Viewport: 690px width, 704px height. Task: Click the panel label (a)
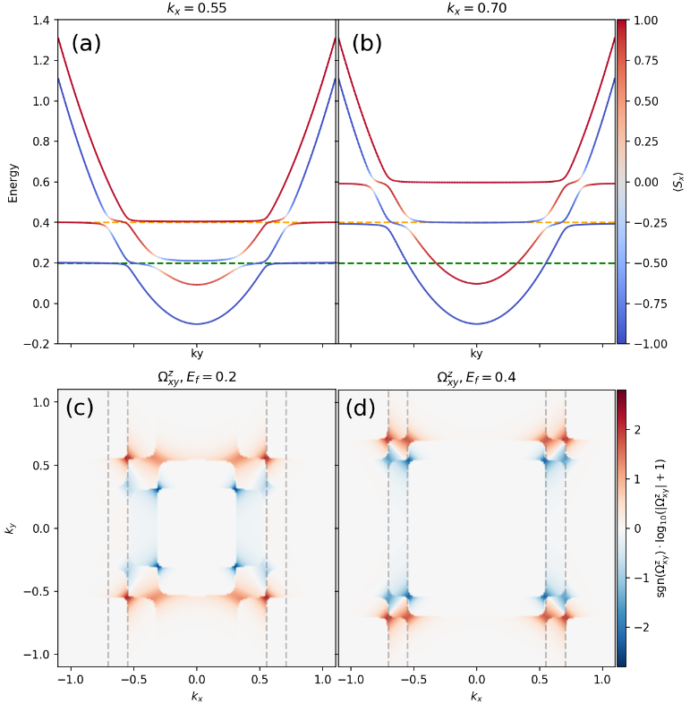[x=87, y=43]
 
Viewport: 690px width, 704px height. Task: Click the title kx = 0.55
[x=197, y=9]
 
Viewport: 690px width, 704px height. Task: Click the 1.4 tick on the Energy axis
[x=39, y=20]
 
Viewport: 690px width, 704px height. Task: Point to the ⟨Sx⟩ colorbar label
[x=678, y=182]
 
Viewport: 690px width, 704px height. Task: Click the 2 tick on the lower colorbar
[x=637, y=429]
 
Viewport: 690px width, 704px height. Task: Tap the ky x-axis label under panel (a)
[x=197, y=353]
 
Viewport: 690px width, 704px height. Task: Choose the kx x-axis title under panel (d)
[x=477, y=696]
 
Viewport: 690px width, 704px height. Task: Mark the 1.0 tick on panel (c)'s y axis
[x=39, y=403]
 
